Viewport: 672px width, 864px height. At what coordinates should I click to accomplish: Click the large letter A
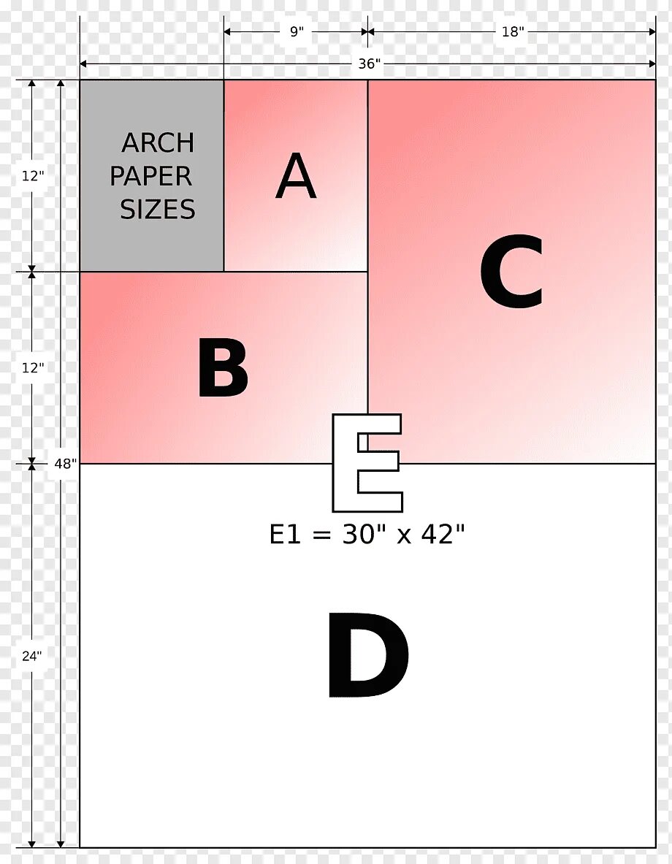click(x=296, y=176)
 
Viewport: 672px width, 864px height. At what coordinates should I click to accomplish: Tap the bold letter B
click(x=223, y=367)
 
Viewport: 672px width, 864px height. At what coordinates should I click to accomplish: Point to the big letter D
click(x=368, y=655)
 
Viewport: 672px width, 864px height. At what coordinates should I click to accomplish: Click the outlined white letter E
click(x=367, y=463)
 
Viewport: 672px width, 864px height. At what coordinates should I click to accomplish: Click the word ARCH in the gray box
click(x=158, y=143)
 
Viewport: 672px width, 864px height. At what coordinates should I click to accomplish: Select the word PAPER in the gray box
click(x=151, y=176)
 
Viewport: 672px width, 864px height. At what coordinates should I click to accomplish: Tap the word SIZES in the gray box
click(x=158, y=210)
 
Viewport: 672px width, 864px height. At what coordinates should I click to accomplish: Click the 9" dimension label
click(x=297, y=31)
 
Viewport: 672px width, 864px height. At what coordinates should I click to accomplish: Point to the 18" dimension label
click(x=511, y=31)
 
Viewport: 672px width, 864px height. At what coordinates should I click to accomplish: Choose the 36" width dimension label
click(x=370, y=64)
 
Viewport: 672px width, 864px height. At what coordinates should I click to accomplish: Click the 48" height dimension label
click(x=65, y=464)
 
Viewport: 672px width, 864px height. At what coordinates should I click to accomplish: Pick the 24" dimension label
click(x=32, y=656)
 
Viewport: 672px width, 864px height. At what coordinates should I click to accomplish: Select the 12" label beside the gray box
click(x=33, y=176)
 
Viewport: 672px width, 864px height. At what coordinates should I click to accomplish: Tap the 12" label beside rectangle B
click(x=33, y=367)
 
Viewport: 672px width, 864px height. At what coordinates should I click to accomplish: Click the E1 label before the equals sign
click(x=285, y=534)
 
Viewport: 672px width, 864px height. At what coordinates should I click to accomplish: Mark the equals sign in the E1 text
click(x=321, y=535)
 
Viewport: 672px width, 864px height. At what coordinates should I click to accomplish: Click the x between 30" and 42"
click(x=404, y=536)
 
